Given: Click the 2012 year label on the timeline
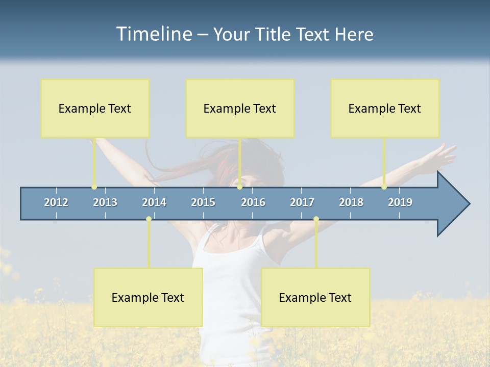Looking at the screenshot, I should coord(56,202).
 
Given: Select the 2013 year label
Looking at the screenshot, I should coord(105,202).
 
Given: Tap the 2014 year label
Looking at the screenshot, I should coord(154,202).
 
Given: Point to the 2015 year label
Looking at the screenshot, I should coord(203,202).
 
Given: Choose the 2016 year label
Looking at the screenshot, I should coord(253,202).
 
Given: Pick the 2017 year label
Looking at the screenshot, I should coord(302,202).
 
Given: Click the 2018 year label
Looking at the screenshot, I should coord(351,202).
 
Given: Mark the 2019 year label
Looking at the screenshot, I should coord(400,202).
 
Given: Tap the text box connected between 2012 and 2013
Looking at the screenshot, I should coord(95,108).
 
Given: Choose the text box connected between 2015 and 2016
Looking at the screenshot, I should coord(240,108).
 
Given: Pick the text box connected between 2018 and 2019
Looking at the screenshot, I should coord(385,108).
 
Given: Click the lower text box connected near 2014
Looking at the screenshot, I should coord(148,297).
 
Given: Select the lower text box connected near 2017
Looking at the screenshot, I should coord(315,297).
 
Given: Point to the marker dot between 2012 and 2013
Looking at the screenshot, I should coord(94,187).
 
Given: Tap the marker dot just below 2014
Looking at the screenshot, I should coord(149,219).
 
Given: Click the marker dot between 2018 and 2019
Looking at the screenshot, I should coord(384,187).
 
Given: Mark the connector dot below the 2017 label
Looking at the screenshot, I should coord(316,219).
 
